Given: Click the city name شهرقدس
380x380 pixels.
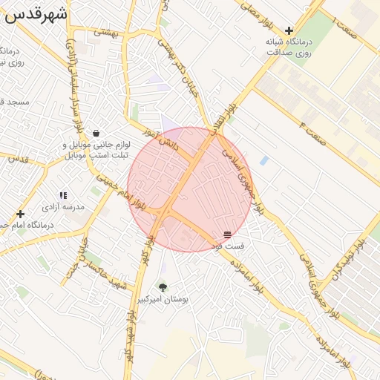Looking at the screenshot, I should tap(36, 13).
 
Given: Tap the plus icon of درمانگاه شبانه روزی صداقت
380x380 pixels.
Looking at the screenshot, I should tap(289, 30).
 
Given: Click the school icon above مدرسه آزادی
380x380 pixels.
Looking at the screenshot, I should tap(63, 195).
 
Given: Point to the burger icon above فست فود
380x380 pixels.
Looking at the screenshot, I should tap(227, 235).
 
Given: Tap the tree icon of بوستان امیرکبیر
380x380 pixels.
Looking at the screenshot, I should tap(163, 286).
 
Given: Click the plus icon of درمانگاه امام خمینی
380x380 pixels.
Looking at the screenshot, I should tap(20, 214).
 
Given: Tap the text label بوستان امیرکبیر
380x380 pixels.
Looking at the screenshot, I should tap(163, 299).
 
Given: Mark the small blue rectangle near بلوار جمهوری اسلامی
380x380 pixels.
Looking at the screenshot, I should tap(264, 160).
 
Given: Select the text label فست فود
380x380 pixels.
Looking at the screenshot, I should tap(227, 246).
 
